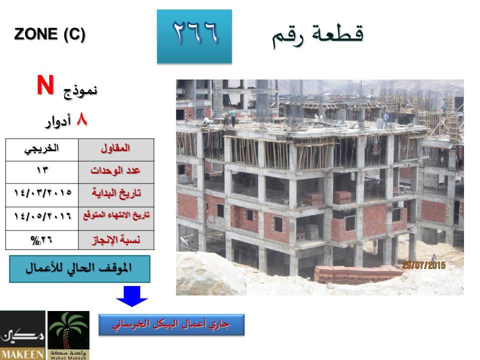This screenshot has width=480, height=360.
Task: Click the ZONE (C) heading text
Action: click(49, 34)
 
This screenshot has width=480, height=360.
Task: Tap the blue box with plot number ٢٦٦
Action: click(194, 36)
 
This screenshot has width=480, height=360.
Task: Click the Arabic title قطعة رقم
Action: click(317, 35)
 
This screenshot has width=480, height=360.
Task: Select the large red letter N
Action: click(45, 85)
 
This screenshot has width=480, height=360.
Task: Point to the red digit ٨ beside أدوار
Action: click(81, 119)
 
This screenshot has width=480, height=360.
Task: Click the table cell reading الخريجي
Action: click(42, 149)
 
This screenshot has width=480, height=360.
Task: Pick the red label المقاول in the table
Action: click(115, 148)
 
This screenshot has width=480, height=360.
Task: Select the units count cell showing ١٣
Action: click(42, 172)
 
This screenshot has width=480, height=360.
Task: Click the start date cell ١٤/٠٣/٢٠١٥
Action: click(42, 195)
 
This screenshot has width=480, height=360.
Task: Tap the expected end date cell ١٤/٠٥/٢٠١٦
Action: click(42, 218)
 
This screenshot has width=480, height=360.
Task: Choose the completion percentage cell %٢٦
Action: click(42, 240)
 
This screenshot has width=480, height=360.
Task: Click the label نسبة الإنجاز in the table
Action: click(116, 239)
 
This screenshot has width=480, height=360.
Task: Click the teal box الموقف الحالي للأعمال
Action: click(79, 269)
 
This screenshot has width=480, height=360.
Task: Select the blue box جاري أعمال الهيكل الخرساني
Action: click(171, 324)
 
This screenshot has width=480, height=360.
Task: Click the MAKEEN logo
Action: click(22, 335)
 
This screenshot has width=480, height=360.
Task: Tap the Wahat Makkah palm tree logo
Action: click(68, 335)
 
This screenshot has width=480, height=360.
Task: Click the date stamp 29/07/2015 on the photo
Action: click(423, 265)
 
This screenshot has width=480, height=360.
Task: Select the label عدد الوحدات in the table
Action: click(115, 170)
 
